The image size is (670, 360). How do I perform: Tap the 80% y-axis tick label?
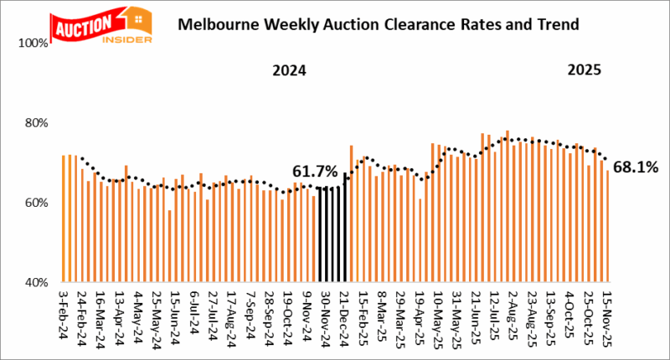[x=36, y=123]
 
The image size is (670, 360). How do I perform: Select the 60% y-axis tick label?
[x=36, y=203]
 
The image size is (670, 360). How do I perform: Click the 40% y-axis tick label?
[x=36, y=283]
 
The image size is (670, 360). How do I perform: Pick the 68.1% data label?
[x=636, y=167]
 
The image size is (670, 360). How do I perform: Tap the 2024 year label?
[x=288, y=72]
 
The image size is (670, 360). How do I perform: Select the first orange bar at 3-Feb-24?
[x=64, y=219]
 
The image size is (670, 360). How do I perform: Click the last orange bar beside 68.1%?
[x=607, y=226]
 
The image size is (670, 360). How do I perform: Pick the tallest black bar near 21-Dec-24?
[x=344, y=227]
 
